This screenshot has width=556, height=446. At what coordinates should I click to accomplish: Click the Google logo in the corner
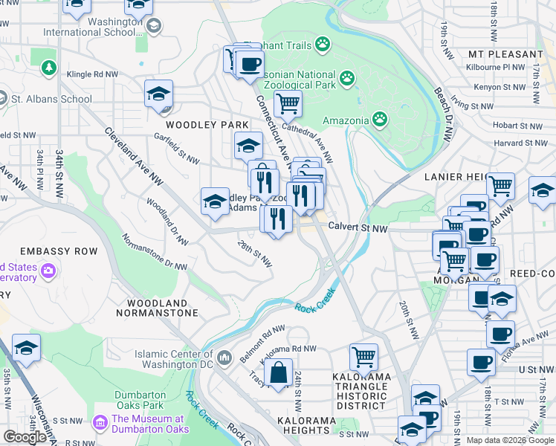tap(25, 436)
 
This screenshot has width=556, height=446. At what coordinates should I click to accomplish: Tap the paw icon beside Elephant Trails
tap(322, 45)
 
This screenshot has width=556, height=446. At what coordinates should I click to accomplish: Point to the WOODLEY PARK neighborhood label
tap(196, 124)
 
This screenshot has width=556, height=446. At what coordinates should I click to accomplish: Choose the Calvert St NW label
tap(359, 228)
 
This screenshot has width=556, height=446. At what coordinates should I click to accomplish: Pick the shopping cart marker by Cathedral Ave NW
tap(288, 103)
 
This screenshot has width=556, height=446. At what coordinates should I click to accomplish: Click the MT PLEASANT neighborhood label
tap(505, 54)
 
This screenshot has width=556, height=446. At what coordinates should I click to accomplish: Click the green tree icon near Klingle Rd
tap(50, 68)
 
